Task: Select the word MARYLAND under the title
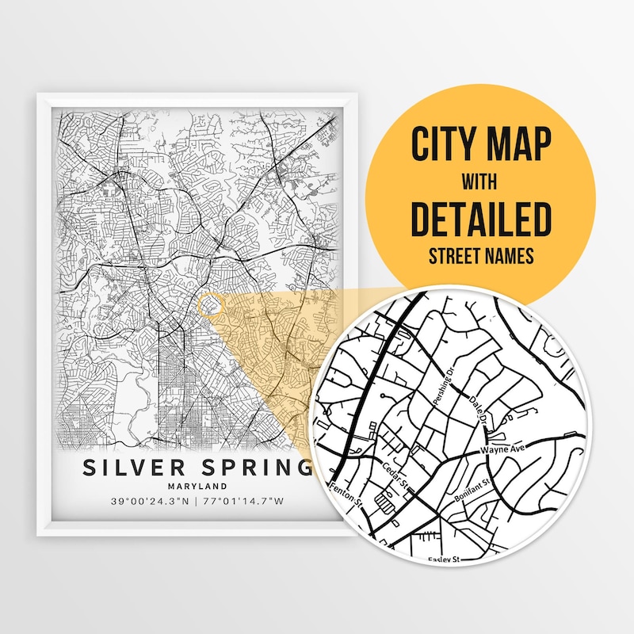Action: [x=198, y=486]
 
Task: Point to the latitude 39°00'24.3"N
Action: [x=151, y=502]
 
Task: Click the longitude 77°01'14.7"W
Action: [x=245, y=502]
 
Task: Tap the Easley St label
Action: [x=445, y=560]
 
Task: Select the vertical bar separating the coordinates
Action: [x=197, y=502]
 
